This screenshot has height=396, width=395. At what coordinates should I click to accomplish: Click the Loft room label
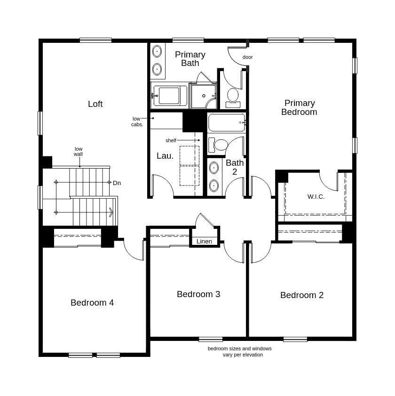point(95,104)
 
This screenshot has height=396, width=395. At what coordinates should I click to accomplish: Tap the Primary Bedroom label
point(299,107)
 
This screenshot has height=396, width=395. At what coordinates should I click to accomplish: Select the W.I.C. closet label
point(316,196)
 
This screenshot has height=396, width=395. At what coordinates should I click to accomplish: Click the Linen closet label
point(204,242)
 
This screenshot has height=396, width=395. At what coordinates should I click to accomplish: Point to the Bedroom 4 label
point(92,303)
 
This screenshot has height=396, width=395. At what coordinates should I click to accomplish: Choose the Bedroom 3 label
point(198,294)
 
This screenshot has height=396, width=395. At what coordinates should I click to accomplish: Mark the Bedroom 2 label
point(302,295)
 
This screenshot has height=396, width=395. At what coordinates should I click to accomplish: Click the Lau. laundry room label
point(165,156)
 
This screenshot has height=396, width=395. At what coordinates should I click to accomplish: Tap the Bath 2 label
point(235,167)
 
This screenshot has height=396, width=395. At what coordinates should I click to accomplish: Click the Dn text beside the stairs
point(117,183)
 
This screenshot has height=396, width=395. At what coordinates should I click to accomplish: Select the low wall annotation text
point(78,152)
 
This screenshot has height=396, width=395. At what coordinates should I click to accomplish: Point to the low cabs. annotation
point(137,121)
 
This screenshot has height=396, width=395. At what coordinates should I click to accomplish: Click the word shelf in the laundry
point(171,140)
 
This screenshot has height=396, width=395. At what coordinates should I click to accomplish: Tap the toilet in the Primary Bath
point(233,97)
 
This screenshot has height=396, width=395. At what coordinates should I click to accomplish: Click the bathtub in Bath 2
point(227,122)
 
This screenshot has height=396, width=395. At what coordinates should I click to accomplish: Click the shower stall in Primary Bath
point(203,96)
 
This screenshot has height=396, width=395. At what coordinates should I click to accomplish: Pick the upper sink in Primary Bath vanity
point(157,51)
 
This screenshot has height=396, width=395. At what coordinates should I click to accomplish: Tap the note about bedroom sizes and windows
point(240,352)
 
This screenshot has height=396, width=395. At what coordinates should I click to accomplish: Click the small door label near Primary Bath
point(248,57)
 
